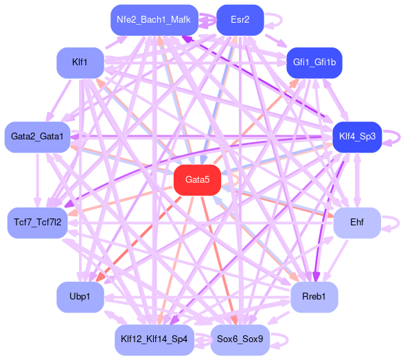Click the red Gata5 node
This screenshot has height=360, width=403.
[x=197, y=180]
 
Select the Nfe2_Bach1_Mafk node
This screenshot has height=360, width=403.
[x=154, y=20]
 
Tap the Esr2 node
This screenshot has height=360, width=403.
[x=240, y=20]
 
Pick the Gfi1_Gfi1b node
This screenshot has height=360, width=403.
[x=314, y=63]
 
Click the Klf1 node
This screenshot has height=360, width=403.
[x=80, y=63]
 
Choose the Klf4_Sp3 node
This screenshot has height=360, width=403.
[x=357, y=137]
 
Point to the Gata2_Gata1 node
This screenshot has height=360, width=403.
[x=37, y=137]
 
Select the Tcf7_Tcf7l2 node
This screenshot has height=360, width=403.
[x=38, y=223]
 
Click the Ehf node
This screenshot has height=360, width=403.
[x=357, y=223]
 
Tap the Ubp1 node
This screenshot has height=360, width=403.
[x=80, y=297]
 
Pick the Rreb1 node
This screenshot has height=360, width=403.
[x=314, y=297]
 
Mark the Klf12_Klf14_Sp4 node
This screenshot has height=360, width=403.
[x=154, y=339]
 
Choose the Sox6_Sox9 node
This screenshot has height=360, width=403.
[x=240, y=339]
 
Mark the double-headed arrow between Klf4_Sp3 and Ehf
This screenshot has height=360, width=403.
[x=357, y=180]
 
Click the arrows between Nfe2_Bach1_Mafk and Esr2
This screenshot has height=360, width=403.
[x=207, y=20]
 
